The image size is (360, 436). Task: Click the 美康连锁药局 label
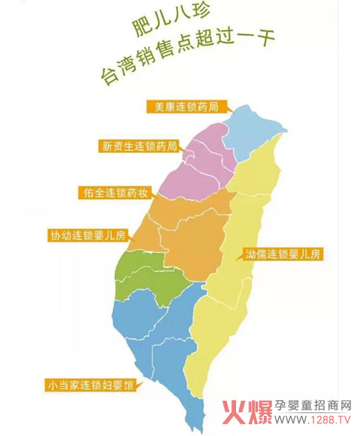[x=186, y=107]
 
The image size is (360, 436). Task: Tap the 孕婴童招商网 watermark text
[x=313, y=406]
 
